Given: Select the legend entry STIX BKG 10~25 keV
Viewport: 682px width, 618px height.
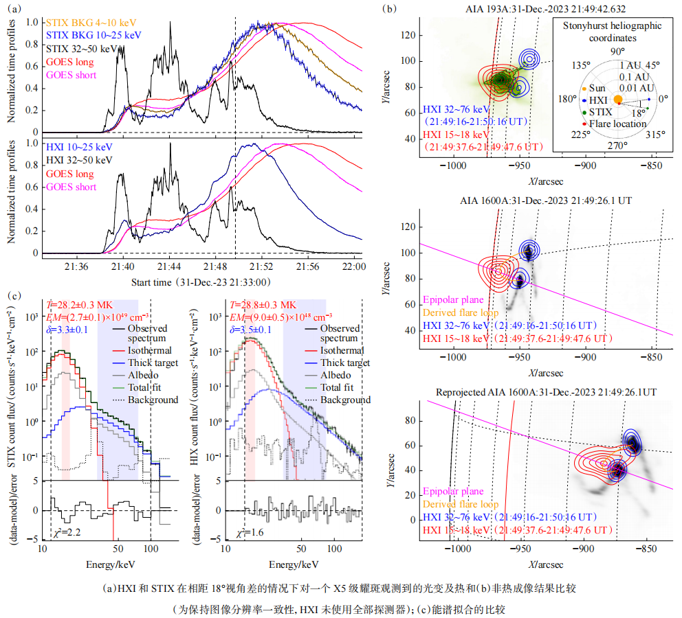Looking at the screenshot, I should (93, 34).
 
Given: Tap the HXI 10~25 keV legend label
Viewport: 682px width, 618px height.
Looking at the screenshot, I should (78, 147).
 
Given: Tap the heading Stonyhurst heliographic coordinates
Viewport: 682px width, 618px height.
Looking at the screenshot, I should (612, 30).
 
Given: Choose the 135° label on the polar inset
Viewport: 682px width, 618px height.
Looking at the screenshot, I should (580, 65).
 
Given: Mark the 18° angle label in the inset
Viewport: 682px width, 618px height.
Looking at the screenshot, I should (637, 112).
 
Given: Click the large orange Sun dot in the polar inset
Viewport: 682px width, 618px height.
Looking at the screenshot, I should (617, 100).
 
